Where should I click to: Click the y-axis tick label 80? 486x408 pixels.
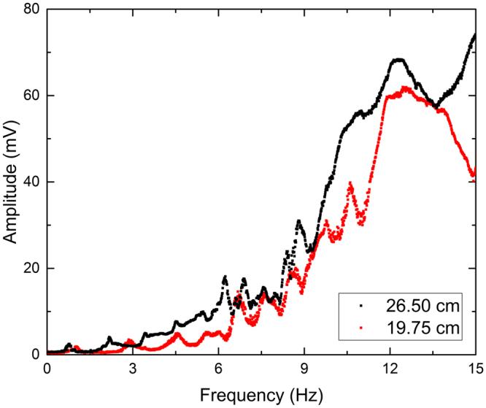[x=30, y=10]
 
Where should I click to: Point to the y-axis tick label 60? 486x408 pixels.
[x=30, y=96]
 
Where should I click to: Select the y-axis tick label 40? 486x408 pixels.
[x=30, y=182]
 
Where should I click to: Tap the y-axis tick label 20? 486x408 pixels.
[x=30, y=269]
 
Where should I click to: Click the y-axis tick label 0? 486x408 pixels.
[x=34, y=354]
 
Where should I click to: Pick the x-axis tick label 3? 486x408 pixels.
[x=132, y=369]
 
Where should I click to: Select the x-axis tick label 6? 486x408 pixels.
[x=218, y=369]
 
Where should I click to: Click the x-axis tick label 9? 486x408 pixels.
[x=304, y=369]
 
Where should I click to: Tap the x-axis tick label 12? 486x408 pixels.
[x=390, y=369]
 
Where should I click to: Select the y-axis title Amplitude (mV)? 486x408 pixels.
[x=11, y=182]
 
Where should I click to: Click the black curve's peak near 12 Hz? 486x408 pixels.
[x=398, y=60]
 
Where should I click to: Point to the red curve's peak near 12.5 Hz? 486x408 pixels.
[x=406, y=88]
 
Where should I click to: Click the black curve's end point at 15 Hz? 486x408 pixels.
[x=474, y=34]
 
